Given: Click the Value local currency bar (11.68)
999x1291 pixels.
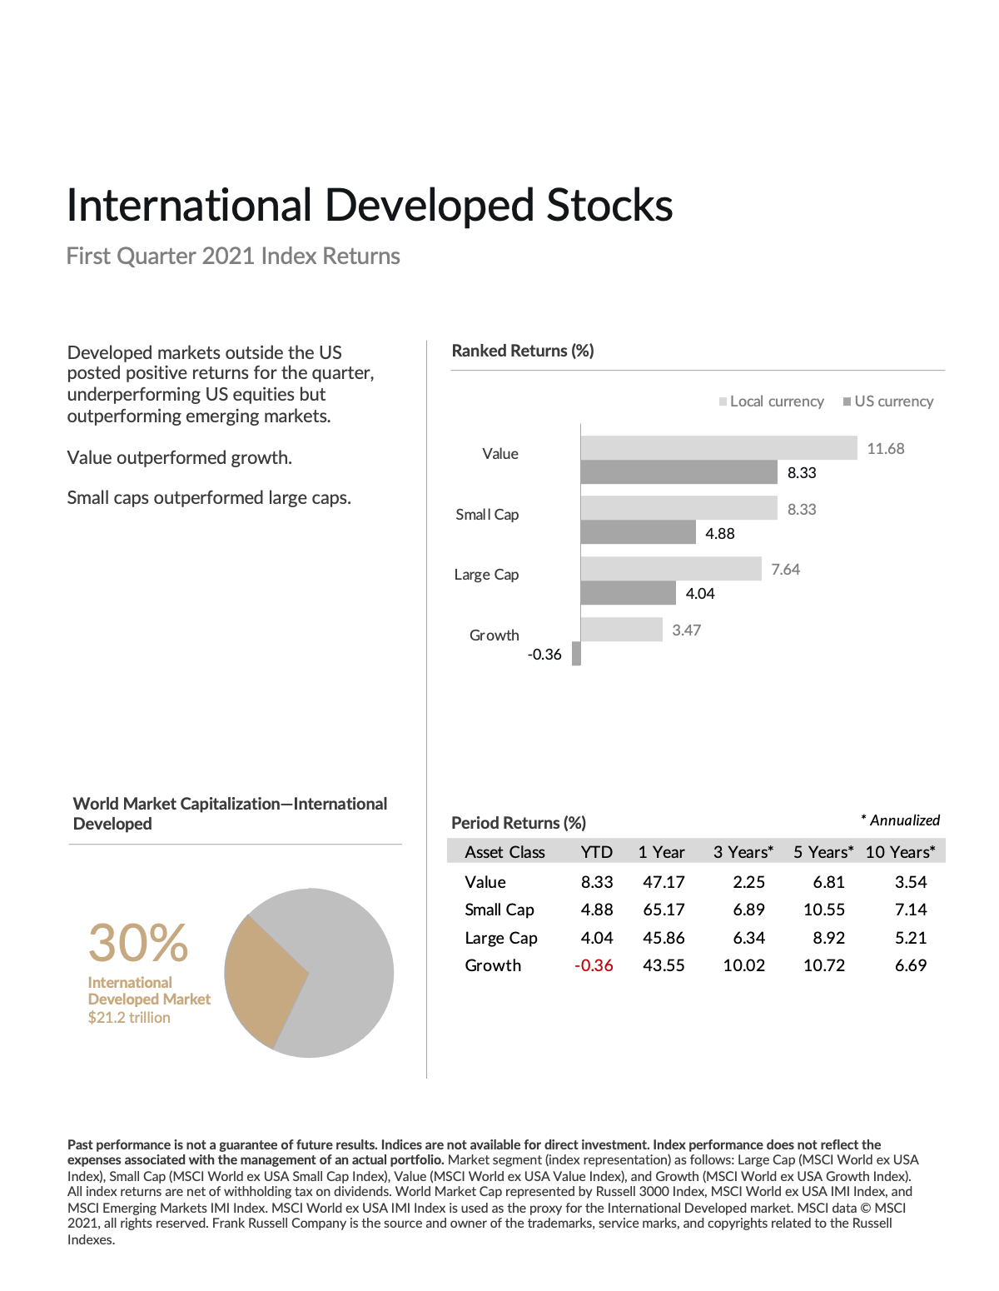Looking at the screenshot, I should pyautogui.click(x=718, y=447).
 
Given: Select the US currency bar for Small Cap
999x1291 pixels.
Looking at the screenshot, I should pyautogui.click(x=638, y=532).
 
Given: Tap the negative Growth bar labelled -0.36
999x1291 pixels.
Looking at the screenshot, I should pyautogui.click(x=576, y=654).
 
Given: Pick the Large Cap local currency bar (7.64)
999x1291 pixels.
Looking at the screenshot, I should pyautogui.click(x=671, y=569).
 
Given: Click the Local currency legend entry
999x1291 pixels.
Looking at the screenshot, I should pyautogui.click(x=772, y=401).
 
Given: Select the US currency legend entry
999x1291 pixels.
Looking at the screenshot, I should pyautogui.click(x=888, y=401).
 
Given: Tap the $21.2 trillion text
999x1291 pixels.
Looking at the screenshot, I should pyautogui.click(x=129, y=1018).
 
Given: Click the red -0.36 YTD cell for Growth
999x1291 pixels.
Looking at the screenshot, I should pyautogui.click(x=594, y=965).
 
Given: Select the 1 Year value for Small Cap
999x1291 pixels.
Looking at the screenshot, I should pyautogui.click(x=664, y=910).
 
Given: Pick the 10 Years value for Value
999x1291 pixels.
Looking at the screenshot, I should pyautogui.click(x=911, y=882).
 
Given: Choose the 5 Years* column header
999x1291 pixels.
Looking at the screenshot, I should pyautogui.click(x=823, y=852).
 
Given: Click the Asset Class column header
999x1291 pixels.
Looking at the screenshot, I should pyautogui.click(x=504, y=852).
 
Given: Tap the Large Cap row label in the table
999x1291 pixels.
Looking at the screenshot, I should pyautogui.click(x=501, y=938).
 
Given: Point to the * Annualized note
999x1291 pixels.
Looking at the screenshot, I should pyautogui.click(x=900, y=820).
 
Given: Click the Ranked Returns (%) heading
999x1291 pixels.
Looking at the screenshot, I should pyautogui.click(x=523, y=351).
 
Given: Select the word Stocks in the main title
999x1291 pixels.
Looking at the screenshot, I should pyautogui.click(x=609, y=206).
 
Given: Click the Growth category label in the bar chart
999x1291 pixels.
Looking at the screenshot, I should pyautogui.click(x=494, y=636).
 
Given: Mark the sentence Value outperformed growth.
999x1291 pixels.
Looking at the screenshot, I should pyautogui.click(x=180, y=457).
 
